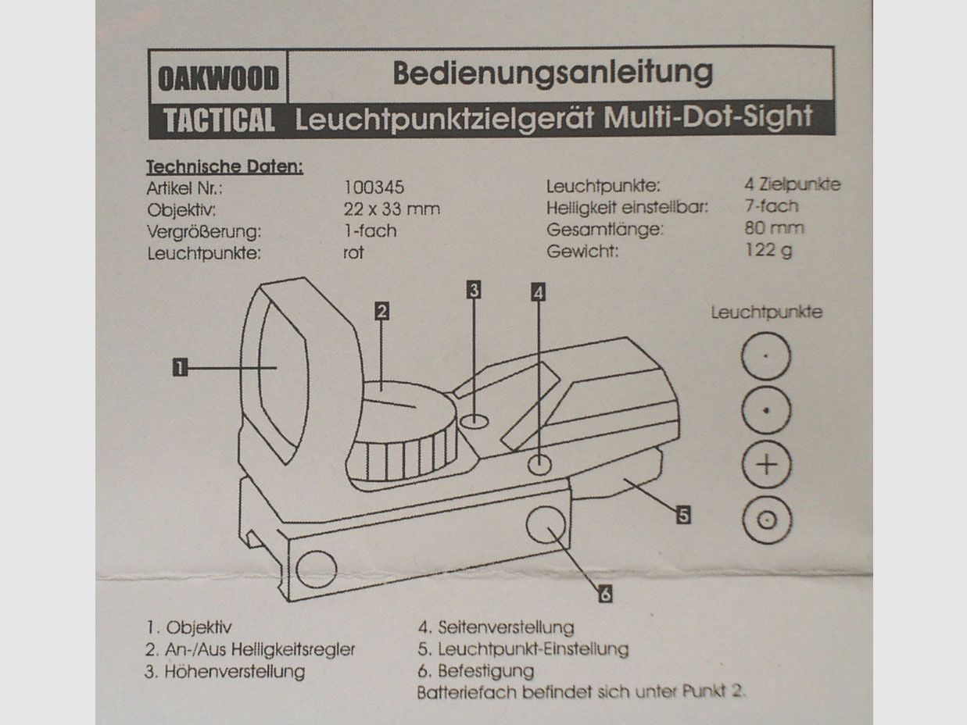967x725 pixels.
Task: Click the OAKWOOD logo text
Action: coord(219,78)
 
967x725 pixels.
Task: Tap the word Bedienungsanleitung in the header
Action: coord(553,73)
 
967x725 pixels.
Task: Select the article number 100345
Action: coord(374,187)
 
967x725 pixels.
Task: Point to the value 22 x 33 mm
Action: coord(392,209)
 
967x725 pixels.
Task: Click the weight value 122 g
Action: coord(768,251)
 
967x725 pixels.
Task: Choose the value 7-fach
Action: coord(771,206)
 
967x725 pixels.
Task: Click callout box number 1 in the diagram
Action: coord(180,367)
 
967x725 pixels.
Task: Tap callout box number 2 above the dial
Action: coord(381,311)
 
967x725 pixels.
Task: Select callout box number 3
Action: coord(474,290)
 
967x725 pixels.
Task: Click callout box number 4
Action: coord(539,292)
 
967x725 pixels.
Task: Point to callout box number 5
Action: coord(683,515)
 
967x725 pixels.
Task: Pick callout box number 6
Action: coord(606,595)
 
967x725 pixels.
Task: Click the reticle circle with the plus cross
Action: coord(767,464)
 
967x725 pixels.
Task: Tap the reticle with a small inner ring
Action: coord(767,520)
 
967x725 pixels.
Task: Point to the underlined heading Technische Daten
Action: coord(224,166)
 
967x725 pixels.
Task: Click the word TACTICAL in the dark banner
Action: coord(219,120)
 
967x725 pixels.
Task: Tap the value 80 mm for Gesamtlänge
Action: coord(774,228)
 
